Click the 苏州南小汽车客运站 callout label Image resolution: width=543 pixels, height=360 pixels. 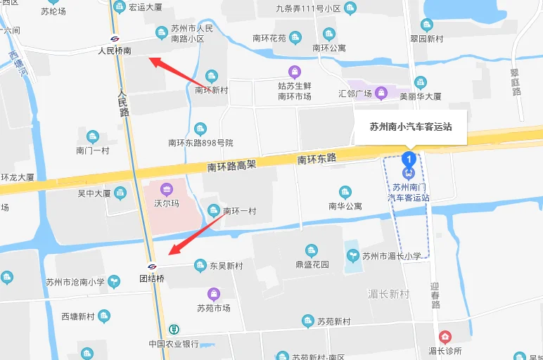[411, 127]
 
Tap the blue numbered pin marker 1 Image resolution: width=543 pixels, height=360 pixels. [409, 158]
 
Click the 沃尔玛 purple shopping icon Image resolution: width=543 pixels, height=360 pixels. [167, 188]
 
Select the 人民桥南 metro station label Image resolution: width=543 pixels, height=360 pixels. [115, 51]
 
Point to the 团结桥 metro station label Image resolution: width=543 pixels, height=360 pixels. [151, 278]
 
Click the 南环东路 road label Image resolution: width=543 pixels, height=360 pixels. [317, 160]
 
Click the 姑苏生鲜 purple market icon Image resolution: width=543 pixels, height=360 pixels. [295, 71]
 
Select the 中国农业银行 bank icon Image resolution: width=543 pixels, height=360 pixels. [175, 329]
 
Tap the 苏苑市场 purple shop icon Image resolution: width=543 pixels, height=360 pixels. [213, 294]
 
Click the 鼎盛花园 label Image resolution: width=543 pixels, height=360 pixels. [312, 265]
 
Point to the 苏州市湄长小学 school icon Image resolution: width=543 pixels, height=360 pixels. [352, 256]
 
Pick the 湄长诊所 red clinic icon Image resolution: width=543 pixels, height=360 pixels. [444, 337]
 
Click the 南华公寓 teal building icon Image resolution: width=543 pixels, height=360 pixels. [345, 192]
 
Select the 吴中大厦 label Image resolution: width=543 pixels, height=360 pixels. [94, 193]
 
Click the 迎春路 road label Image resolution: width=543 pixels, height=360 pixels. [434, 297]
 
